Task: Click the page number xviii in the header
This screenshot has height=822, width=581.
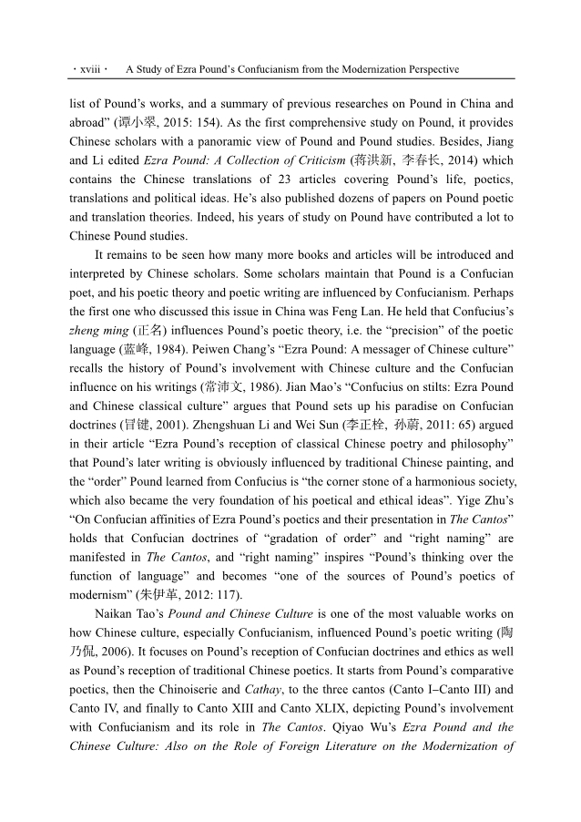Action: [90, 69]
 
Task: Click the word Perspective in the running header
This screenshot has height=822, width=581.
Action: [425, 69]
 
